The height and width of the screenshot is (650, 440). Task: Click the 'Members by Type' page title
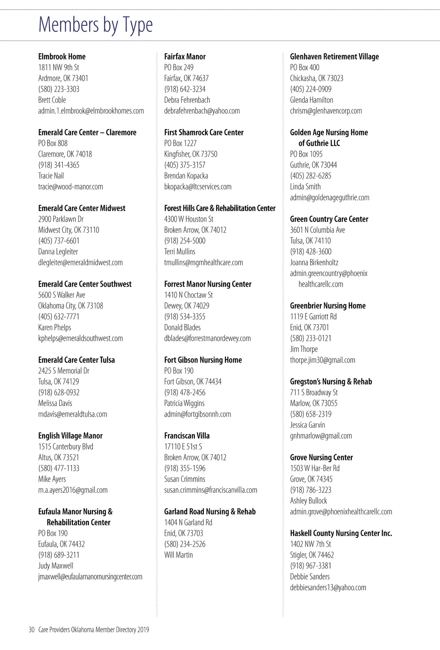click(95, 25)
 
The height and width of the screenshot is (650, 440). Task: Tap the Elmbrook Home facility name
click(62, 56)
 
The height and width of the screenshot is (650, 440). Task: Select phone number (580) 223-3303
click(59, 89)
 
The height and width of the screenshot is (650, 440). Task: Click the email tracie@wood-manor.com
click(70, 187)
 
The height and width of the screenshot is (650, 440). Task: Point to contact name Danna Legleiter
click(58, 251)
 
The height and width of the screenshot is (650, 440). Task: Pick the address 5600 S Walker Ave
click(62, 295)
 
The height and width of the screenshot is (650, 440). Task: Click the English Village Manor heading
click(70, 436)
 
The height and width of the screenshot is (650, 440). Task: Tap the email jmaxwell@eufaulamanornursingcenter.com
click(90, 577)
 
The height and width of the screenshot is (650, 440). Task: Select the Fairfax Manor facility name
click(185, 56)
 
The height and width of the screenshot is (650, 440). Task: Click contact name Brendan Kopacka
click(186, 176)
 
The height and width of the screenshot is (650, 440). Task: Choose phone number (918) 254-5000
click(185, 241)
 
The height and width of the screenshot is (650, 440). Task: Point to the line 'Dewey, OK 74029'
click(187, 306)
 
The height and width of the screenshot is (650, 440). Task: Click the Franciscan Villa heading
click(187, 436)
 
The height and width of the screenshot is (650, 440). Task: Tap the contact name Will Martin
click(179, 555)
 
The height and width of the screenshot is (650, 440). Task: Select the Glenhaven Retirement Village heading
click(334, 56)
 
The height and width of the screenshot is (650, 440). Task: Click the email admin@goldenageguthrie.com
click(330, 198)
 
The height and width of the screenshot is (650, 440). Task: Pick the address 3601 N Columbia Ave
click(318, 230)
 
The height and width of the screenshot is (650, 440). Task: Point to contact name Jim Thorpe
click(304, 349)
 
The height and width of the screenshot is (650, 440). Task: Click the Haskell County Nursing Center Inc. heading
click(341, 533)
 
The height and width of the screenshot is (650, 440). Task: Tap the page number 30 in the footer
click(31, 630)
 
